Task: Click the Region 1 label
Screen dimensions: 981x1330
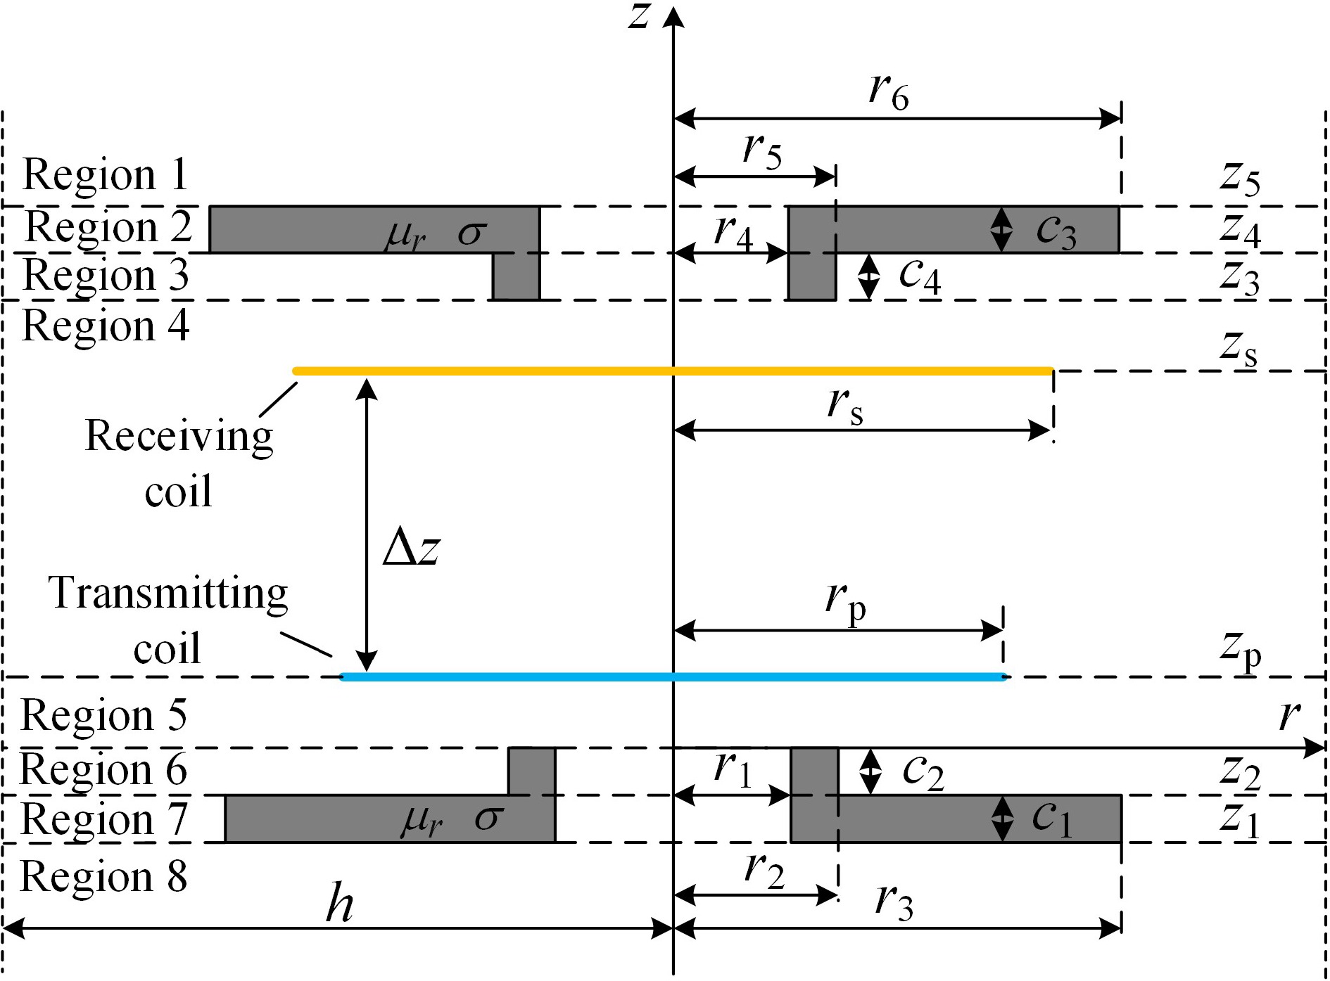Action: tap(106, 174)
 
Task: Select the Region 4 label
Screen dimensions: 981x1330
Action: tap(106, 326)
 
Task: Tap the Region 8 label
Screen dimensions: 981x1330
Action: tap(104, 877)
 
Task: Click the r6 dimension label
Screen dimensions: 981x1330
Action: tap(889, 92)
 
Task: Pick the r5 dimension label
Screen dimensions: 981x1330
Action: tap(763, 151)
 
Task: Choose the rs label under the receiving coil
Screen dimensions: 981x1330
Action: tap(845, 406)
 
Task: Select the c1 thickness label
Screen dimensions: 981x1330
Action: tap(1052, 819)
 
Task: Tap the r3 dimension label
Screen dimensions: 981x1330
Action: tap(894, 902)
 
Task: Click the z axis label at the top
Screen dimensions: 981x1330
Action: tap(639, 15)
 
